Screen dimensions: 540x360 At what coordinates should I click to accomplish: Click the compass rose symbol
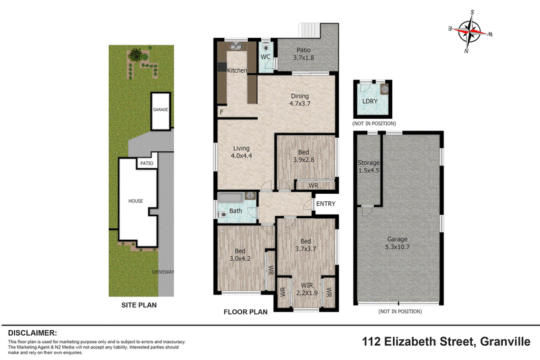point(470,31)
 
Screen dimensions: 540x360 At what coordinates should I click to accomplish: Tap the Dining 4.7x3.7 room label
point(300,99)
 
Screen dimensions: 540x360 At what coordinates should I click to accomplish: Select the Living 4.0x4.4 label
point(241,152)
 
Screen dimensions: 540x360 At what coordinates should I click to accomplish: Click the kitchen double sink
point(236,46)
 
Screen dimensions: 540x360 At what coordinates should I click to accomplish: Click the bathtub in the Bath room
point(231,197)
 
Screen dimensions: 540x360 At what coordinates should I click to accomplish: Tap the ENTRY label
point(325,203)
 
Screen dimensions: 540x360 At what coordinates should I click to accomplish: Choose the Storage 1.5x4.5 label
point(369,166)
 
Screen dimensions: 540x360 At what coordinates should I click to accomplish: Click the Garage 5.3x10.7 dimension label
point(398,243)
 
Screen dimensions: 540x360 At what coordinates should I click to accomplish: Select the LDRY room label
point(370,101)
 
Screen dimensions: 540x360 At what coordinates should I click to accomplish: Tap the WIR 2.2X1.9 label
point(307,289)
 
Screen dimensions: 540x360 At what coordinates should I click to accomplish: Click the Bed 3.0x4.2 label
point(240,255)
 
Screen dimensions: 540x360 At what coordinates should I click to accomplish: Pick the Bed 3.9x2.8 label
point(303,156)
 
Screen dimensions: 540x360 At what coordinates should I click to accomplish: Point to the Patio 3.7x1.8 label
point(303,54)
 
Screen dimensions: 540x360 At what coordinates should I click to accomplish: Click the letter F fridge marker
point(221,112)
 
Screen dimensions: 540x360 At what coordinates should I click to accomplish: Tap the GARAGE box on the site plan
point(161,111)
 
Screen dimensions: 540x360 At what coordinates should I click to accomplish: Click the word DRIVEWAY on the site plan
point(163,272)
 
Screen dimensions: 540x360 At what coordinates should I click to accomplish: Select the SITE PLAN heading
point(139,305)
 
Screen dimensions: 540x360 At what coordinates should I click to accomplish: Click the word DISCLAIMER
point(32,333)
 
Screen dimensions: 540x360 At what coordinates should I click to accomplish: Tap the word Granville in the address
point(505,342)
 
